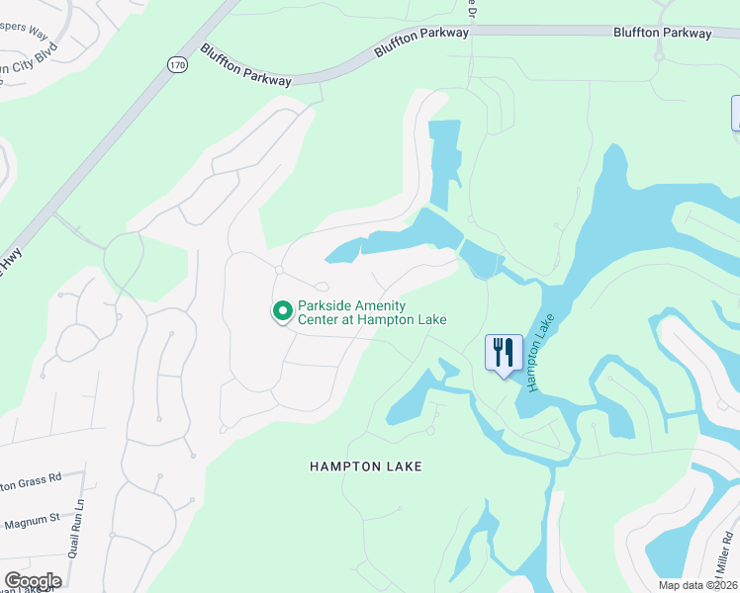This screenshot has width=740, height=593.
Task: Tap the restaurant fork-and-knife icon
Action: coord(504,352)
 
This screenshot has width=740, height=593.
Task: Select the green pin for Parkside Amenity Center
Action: coord(282,312)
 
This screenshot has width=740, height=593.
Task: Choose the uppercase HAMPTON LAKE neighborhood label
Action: coord(365,466)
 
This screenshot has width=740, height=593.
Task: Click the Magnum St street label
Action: coord(33,516)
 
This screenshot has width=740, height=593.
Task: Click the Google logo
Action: coord(33,580)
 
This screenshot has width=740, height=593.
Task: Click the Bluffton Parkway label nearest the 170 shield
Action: coord(245,65)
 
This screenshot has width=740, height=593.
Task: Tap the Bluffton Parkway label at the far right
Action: coord(662,34)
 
